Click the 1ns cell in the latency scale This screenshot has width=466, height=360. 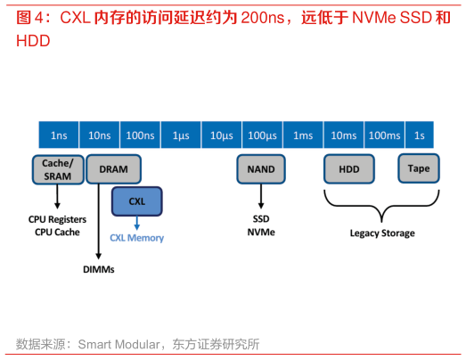pyautogui.click(x=59, y=135)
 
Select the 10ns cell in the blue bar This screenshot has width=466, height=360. pyautogui.click(x=100, y=135)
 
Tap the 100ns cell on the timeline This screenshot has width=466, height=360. pyautogui.click(x=139, y=135)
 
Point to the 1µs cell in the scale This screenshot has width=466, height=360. pyautogui.click(x=180, y=135)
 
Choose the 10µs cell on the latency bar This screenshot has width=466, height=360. pyautogui.click(x=221, y=135)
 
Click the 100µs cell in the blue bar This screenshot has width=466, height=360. pyautogui.click(x=262, y=135)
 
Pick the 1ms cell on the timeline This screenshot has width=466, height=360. pyautogui.click(x=303, y=135)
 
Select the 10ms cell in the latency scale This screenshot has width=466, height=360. pyautogui.click(x=344, y=135)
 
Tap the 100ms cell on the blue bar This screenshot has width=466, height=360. pyautogui.click(x=384, y=135)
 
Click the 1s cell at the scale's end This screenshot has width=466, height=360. pyautogui.click(x=421, y=135)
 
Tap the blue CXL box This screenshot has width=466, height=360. pyautogui.click(x=136, y=201)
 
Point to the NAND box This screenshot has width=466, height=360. pyautogui.click(x=261, y=168)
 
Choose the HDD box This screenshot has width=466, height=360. pyautogui.click(x=348, y=168)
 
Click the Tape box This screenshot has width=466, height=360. pyautogui.click(x=418, y=168)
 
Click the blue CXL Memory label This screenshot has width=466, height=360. pyautogui.click(x=136, y=238)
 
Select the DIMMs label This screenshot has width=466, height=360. pyautogui.click(x=99, y=269)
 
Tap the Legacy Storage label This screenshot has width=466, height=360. pyautogui.click(x=381, y=233)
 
